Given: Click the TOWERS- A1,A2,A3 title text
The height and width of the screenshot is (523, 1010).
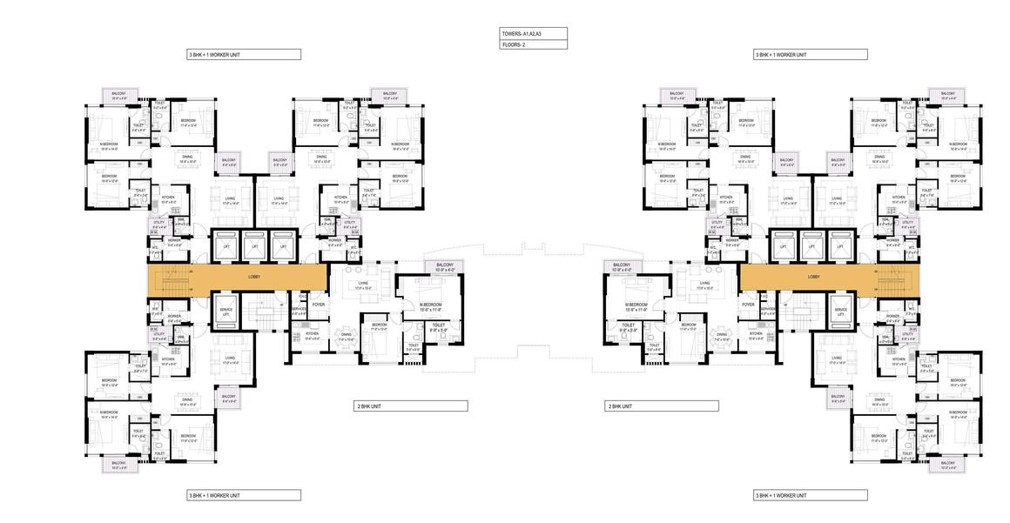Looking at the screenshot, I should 522,33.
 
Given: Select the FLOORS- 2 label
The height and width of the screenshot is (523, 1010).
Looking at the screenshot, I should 514,44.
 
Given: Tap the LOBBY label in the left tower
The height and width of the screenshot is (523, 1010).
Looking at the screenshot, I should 254,277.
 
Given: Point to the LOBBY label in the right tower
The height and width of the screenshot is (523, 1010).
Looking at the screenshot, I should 813,277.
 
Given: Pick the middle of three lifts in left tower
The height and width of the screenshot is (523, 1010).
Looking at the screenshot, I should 255,246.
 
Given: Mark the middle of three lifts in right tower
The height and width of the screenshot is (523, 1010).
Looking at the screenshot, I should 812,246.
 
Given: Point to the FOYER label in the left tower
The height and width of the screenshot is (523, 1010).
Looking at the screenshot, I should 319,305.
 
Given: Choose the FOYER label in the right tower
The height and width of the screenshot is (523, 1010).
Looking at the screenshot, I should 748,305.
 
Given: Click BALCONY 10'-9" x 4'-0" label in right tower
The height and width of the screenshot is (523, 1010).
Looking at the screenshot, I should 622,267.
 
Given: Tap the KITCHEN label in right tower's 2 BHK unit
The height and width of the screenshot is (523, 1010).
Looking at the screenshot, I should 756,334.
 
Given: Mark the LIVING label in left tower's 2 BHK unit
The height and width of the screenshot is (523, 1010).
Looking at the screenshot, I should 363,283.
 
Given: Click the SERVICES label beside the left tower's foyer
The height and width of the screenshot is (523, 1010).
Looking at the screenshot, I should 299,309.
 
